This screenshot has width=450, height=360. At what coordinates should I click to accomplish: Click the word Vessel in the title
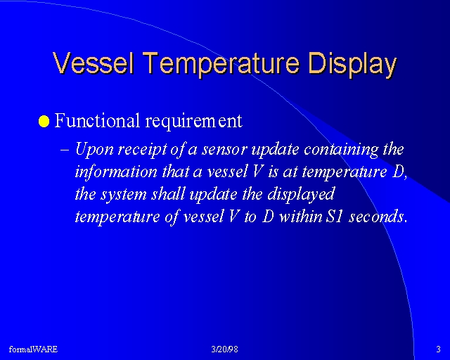point(94,63)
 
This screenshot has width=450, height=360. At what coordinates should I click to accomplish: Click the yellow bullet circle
point(44,121)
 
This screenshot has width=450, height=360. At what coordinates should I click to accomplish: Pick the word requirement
point(194,122)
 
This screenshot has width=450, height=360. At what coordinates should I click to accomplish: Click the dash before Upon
point(65,150)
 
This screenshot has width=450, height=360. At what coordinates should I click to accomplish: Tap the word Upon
point(94,150)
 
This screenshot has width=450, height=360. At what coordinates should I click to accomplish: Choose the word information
point(116,172)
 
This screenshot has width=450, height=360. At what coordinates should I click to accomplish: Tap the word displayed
point(301,195)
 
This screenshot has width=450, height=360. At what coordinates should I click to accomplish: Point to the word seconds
point(377,217)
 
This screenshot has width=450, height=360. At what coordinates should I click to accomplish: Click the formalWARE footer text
point(33,349)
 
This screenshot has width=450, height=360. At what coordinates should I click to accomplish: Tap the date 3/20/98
point(225,349)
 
